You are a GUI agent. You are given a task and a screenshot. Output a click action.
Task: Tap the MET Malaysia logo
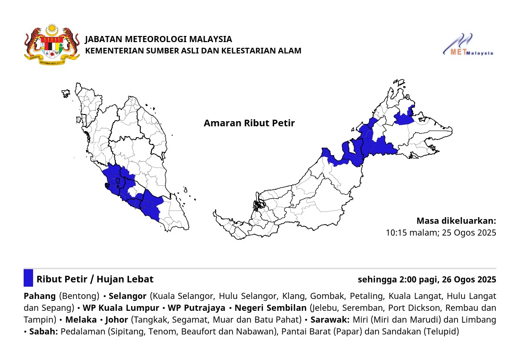click(x=468, y=45)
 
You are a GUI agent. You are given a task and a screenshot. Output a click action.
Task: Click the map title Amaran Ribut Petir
click(x=249, y=123)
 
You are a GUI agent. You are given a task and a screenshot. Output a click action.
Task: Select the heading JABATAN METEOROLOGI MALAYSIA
click(x=158, y=39)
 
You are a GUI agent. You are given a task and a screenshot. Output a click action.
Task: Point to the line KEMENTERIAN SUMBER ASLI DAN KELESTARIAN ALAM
click(x=193, y=51)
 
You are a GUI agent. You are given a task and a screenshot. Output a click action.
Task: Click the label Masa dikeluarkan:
click(x=456, y=221)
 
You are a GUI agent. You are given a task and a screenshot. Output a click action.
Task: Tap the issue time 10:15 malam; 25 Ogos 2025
click(x=441, y=233)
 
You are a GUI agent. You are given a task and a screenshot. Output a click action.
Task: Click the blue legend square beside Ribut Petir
click(x=28, y=278)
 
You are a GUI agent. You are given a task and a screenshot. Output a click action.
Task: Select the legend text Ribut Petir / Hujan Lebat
click(x=95, y=279)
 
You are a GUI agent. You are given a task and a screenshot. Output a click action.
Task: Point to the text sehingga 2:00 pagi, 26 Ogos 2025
click(x=427, y=280)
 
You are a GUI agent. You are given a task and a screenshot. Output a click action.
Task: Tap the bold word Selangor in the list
click(x=128, y=296)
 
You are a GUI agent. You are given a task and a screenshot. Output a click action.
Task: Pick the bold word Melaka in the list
click(x=81, y=320)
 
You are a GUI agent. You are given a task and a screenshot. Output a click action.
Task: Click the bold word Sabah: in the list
click(x=43, y=332)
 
